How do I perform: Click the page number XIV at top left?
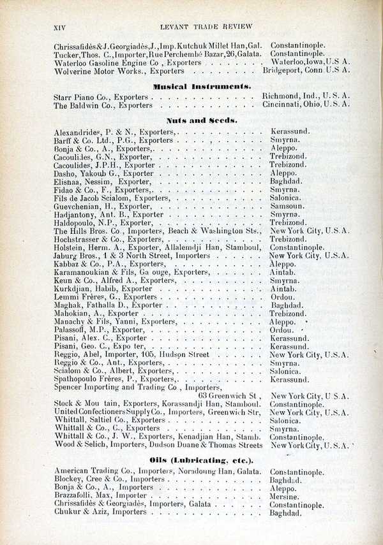(59, 26)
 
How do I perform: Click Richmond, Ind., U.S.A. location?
(306, 97)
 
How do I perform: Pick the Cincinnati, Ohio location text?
(306, 105)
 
